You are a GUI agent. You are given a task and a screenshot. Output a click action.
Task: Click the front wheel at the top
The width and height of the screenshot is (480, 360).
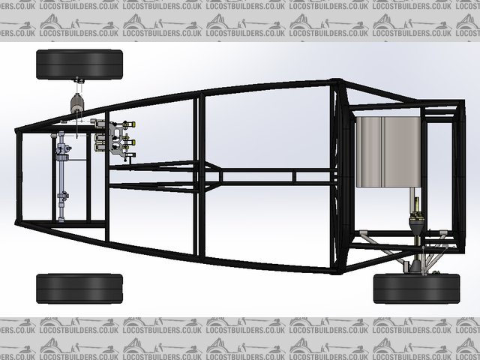click(79, 64)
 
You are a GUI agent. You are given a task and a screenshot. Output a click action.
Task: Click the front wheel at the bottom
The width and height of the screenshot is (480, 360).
click(79, 289)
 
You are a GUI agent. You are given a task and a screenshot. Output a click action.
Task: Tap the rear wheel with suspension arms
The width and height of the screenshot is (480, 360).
click(416, 289)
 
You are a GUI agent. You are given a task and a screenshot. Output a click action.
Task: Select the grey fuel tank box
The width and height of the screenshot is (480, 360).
click(388, 151)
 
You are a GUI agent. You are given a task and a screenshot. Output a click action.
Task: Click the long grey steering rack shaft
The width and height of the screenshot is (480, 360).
click(61, 176)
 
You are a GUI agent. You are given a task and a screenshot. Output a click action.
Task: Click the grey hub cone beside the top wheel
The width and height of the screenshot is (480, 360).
click(76, 103)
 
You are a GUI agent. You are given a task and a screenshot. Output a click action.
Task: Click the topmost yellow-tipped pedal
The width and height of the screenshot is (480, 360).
click(129, 124)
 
